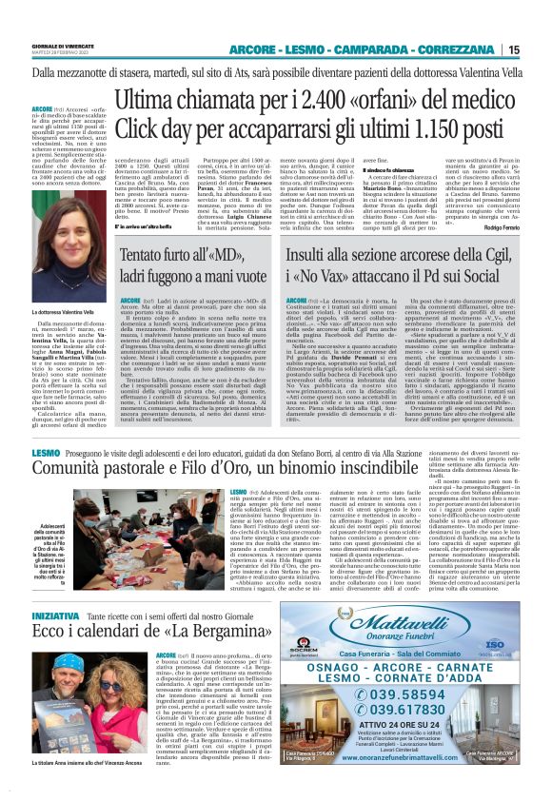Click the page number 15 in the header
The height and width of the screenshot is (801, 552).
pyautogui.click(x=539, y=49)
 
